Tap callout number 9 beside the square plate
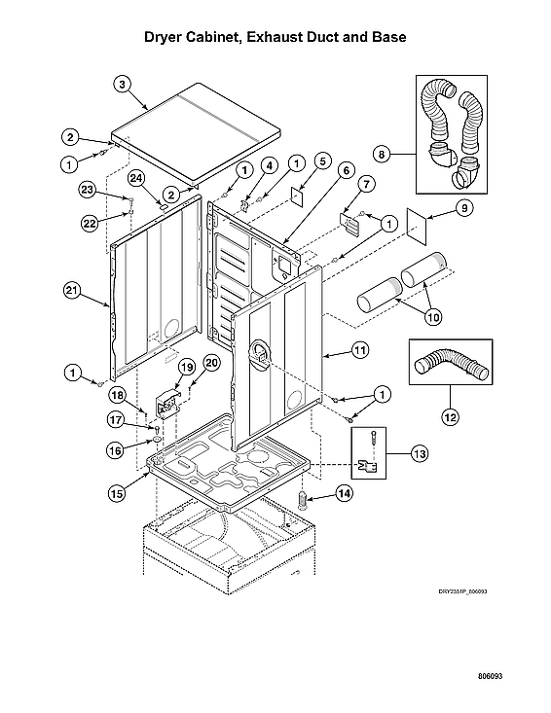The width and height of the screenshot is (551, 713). [x=462, y=207]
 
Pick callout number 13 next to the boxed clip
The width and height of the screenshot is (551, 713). [x=419, y=453]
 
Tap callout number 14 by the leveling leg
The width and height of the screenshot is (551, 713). [x=344, y=493]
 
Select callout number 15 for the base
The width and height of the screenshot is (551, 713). [x=116, y=493]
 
